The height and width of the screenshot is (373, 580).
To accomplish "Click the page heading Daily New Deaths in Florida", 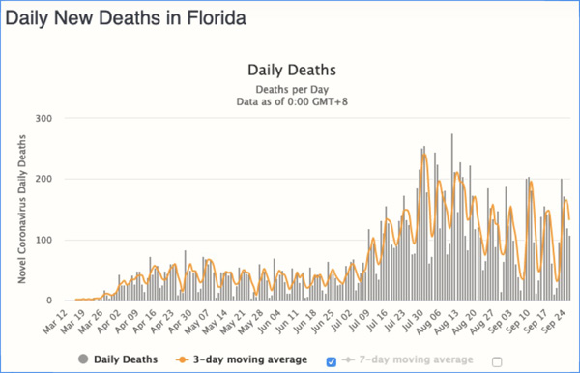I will (124, 17).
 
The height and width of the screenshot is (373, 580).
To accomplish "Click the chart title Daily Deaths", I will (291, 70).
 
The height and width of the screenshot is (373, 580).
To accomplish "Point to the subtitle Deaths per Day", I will (291, 87).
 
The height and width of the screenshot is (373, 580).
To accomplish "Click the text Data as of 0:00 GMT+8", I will (291, 100).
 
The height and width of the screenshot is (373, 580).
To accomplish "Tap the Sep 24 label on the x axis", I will (556, 320).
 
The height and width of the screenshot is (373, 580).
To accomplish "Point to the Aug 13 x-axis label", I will (451, 320).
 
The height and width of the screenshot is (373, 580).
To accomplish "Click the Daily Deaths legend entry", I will (118, 359).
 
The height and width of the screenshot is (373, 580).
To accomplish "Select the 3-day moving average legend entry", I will (246, 359).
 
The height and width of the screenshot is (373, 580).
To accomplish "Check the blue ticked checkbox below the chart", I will (333, 360).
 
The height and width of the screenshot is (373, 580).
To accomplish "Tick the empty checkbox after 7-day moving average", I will (497, 360).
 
